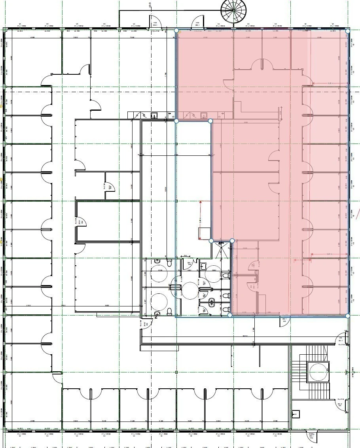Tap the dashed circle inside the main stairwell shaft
click(318, 372)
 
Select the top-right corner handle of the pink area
click(348, 31)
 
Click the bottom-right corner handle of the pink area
click(348, 316)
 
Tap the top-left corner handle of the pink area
click(176, 30)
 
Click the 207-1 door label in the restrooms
click(190, 263)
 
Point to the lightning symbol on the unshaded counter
click(137, 115)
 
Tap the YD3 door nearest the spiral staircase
click(197, 24)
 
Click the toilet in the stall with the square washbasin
click(225, 275)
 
